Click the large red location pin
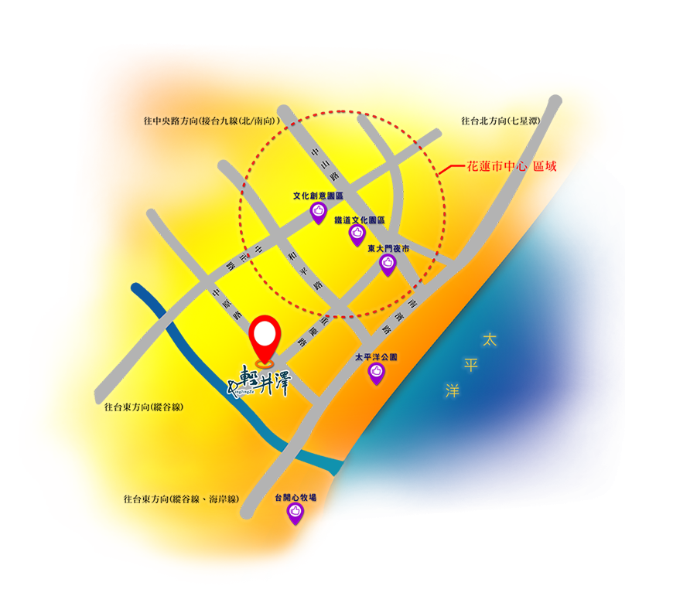click(x=265, y=337)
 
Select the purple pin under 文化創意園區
click(x=318, y=213)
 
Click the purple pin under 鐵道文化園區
click(x=357, y=234)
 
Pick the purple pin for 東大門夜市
click(x=388, y=264)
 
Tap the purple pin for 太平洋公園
click(x=376, y=373)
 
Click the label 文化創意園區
click(x=318, y=196)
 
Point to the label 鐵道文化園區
click(x=360, y=220)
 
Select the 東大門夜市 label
click(x=388, y=249)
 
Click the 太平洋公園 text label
click(x=376, y=358)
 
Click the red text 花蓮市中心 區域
click(x=511, y=166)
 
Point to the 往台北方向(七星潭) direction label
click(x=500, y=121)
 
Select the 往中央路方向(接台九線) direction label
click(x=210, y=121)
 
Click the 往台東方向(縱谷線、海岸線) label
click(x=180, y=499)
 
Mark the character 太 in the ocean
click(x=488, y=339)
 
